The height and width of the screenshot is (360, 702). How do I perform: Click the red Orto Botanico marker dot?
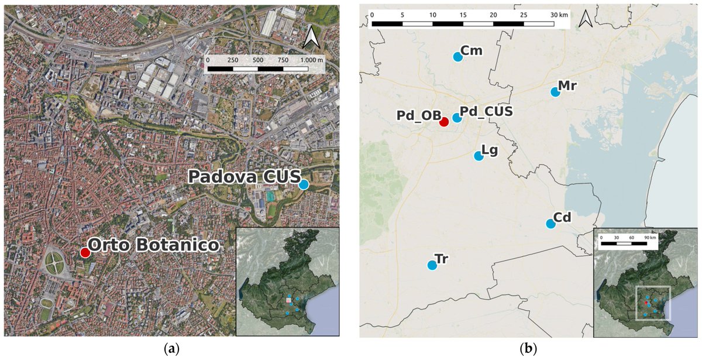click(x=85, y=253)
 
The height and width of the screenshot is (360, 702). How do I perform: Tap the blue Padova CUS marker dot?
click(x=304, y=184)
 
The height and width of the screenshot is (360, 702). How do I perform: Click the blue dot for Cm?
click(x=457, y=57)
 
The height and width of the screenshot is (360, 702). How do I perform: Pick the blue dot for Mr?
click(x=555, y=91)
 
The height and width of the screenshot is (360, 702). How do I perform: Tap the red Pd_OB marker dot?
click(x=444, y=122)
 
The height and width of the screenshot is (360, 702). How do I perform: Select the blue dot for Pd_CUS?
click(x=457, y=118)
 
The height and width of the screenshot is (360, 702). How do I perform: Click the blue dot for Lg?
click(x=478, y=156)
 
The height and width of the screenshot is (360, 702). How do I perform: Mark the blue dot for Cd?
click(x=550, y=224)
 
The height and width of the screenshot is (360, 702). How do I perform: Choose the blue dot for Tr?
click(x=432, y=265)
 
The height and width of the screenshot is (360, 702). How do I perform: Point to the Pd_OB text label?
click(x=418, y=116)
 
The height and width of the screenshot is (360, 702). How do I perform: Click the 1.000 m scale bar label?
click(x=311, y=60)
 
